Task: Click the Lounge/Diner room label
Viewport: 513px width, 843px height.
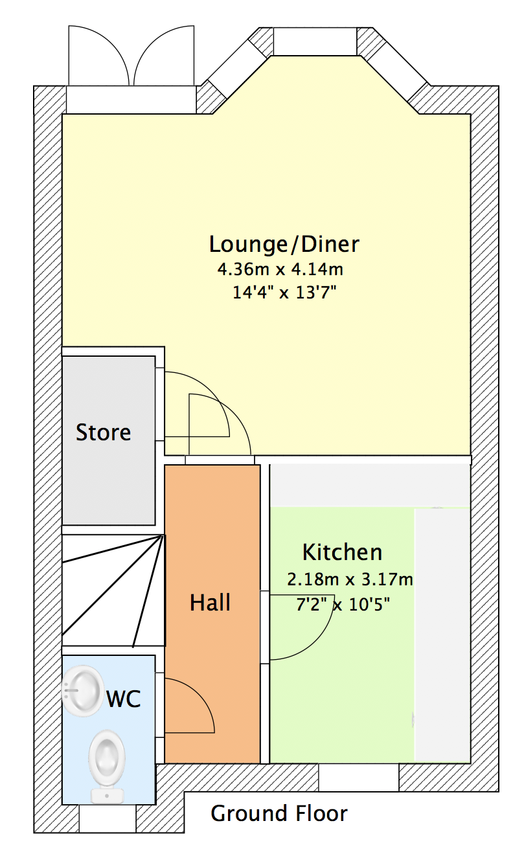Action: (x=284, y=244)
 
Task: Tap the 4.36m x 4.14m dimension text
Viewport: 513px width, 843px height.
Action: (x=280, y=269)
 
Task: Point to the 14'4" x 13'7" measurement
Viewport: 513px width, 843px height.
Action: (x=284, y=293)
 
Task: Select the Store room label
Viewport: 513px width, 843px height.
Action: (x=104, y=432)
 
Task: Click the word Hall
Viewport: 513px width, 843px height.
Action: (x=210, y=602)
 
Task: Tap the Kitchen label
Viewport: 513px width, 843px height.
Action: (x=342, y=552)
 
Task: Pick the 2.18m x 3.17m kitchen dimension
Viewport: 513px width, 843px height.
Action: (x=350, y=579)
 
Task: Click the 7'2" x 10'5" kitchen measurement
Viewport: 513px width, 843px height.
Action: (x=343, y=604)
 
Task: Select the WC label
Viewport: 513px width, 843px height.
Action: (x=124, y=699)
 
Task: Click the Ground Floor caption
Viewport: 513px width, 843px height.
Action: (x=279, y=813)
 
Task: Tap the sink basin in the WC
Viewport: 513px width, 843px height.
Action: (x=83, y=690)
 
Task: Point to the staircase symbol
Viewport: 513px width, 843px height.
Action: (x=113, y=590)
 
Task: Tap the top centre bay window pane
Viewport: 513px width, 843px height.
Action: (x=315, y=41)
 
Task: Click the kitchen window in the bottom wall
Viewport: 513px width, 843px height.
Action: (x=359, y=777)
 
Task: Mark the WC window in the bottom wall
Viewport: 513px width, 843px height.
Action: (x=108, y=818)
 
